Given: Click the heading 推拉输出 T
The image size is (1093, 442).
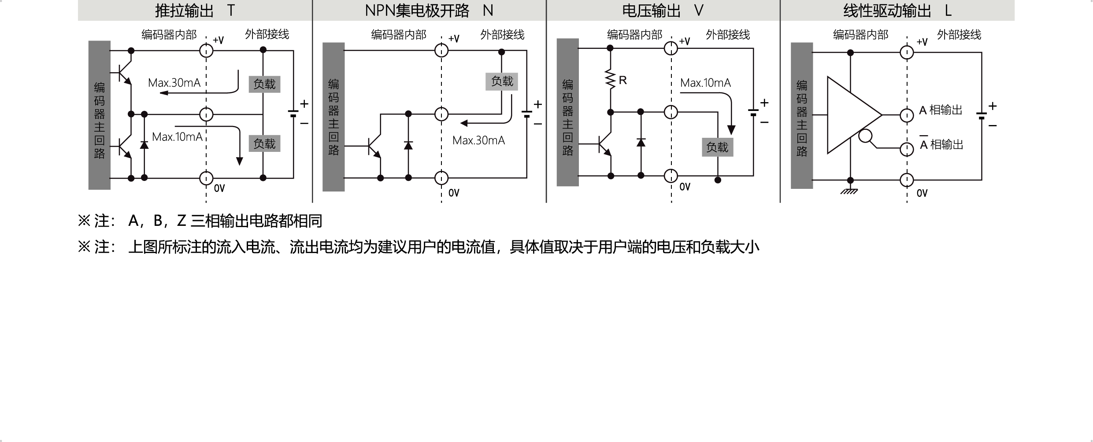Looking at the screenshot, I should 195,11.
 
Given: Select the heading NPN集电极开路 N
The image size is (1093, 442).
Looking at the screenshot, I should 429,11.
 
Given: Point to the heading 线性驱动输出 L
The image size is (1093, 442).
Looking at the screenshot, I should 897,11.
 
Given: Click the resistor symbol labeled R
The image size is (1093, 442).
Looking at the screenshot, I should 611,80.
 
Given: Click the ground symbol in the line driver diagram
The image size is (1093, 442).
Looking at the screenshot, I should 849,191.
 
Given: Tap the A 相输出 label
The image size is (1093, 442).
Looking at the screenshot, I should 941,110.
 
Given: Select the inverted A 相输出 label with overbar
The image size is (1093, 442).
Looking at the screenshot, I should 941,144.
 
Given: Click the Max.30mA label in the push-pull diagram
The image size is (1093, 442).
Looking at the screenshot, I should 174,83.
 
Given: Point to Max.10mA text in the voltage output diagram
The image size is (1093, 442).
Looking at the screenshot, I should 705,83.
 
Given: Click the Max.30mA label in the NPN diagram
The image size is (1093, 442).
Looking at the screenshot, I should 478,140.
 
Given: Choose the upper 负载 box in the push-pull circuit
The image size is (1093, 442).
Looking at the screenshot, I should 264,84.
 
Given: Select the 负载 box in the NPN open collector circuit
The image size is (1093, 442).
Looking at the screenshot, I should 502,81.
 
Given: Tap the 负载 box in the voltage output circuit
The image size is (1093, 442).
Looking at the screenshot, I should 717,147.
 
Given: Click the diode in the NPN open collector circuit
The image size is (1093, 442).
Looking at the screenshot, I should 408,145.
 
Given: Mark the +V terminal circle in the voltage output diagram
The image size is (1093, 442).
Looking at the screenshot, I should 671,48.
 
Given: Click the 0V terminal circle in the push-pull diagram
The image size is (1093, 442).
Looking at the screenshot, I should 206,178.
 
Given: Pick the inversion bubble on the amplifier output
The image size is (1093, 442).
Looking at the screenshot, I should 866,136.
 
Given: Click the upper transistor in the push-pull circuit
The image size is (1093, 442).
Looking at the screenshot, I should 125,72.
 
